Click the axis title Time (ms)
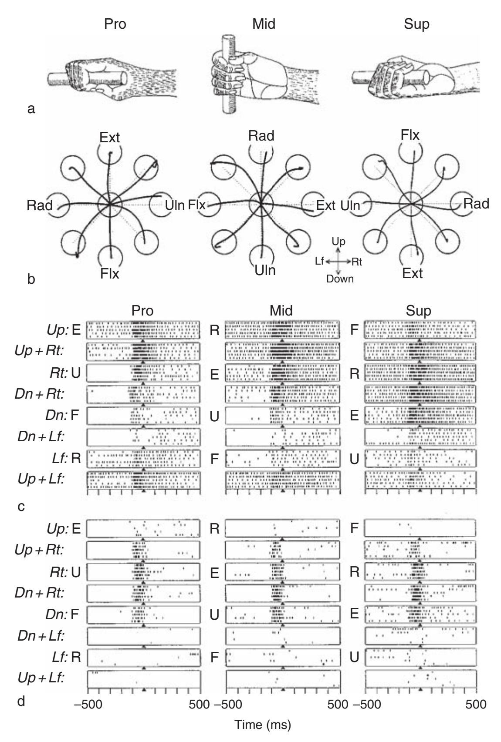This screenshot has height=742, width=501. (x=263, y=725)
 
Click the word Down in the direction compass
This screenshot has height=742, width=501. (x=340, y=279)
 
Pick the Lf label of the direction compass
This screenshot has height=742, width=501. (x=319, y=261)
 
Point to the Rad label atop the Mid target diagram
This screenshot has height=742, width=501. (x=261, y=136)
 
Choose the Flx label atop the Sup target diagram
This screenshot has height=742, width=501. (x=410, y=135)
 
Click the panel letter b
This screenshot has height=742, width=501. (x=31, y=278)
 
